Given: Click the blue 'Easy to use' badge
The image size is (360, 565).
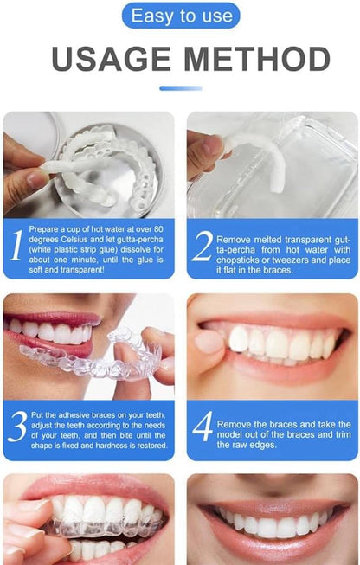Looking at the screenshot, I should (180, 16).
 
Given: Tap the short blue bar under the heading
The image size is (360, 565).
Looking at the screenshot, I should (180, 87).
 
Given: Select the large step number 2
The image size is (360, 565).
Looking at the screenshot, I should (202, 247).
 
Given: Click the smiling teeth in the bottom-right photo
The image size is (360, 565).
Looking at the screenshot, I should (268, 524).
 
